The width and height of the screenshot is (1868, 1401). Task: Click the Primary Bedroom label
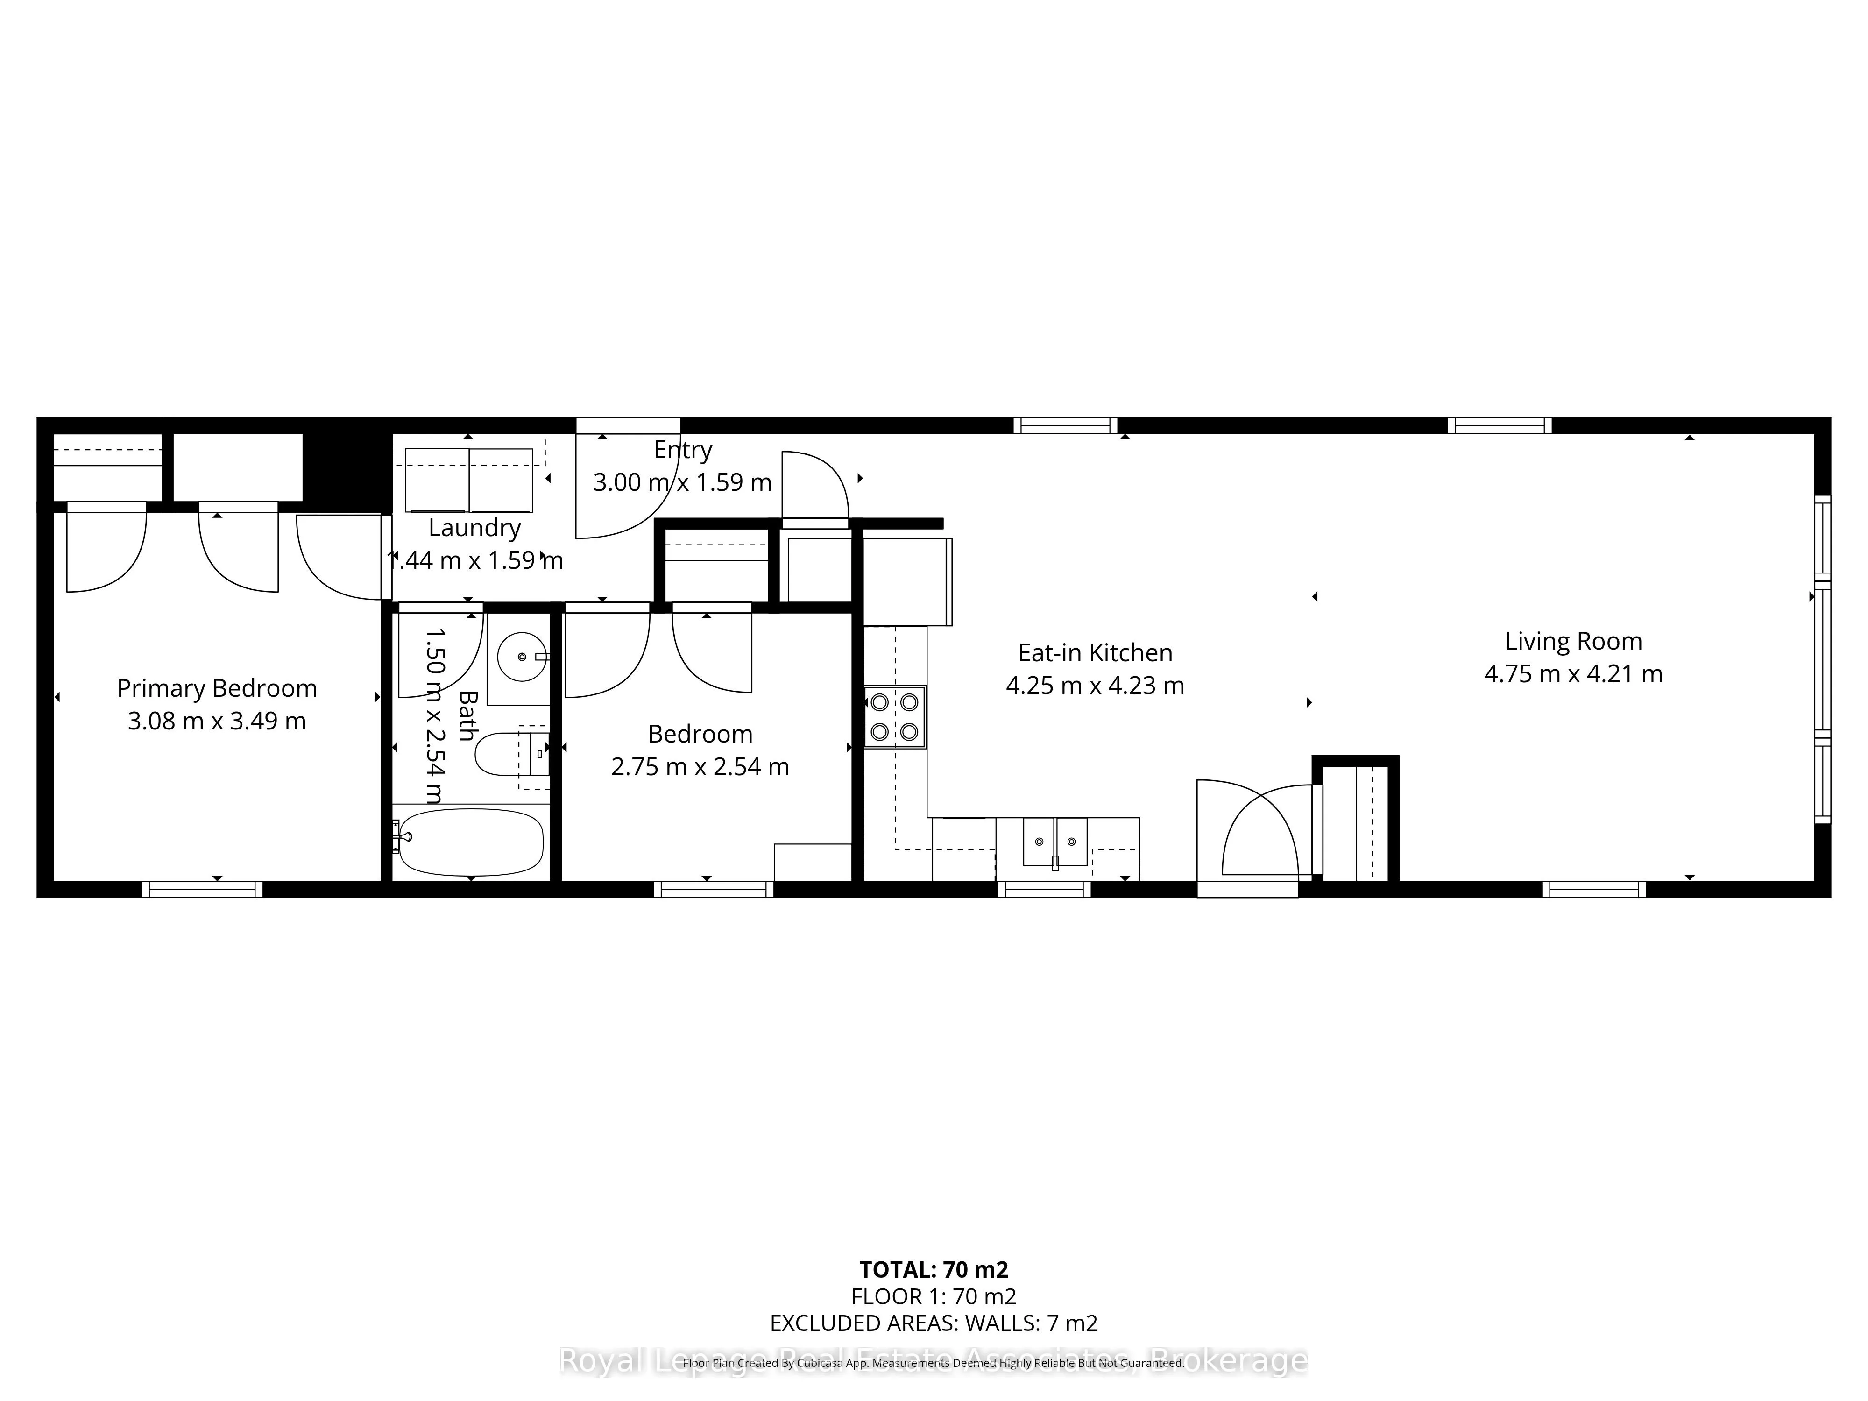pos(217,688)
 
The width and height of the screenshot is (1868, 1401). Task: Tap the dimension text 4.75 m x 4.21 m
pos(1573,674)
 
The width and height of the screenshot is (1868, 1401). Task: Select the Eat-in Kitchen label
pos(1095,653)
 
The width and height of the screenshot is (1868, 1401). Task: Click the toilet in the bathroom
pos(507,754)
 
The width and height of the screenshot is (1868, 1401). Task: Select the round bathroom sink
pos(521,656)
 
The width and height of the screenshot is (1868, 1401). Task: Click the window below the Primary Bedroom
pos(202,889)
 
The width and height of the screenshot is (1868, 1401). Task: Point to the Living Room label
pos(1573,641)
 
